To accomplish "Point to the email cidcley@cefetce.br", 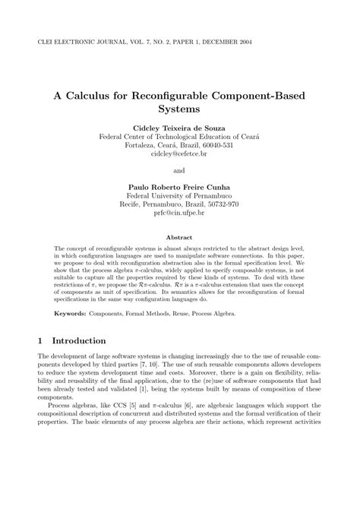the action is pos(180,153).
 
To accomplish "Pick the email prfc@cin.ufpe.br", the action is pos(180,213).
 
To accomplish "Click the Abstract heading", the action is pos(180,236).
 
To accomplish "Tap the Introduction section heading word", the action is pos(78,341).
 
